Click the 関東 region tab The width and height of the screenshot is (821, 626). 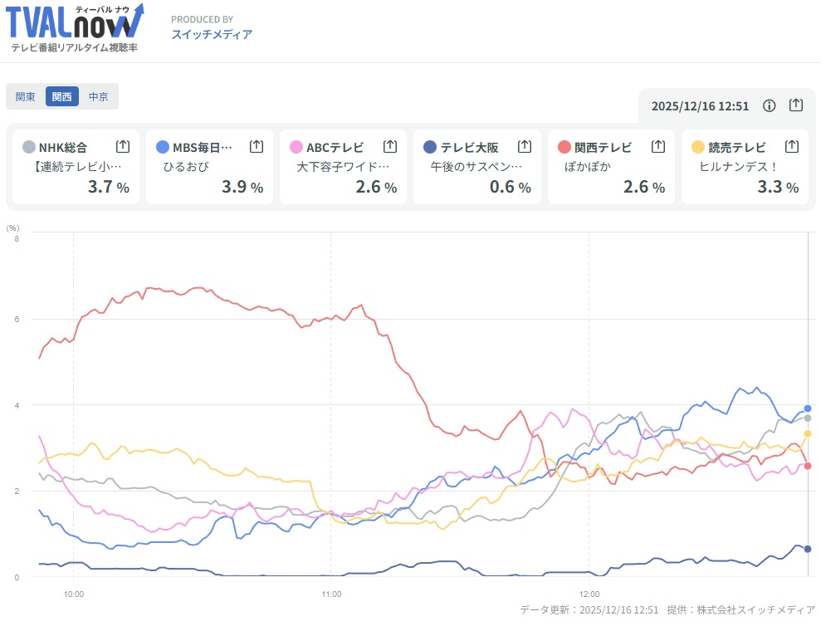(x=26, y=96)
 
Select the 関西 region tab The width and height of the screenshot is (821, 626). (x=62, y=96)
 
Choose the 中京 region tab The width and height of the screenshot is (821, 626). (x=99, y=96)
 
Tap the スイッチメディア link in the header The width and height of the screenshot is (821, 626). (x=212, y=34)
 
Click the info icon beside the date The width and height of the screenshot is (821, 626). (x=770, y=105)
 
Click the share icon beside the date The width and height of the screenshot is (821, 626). (x=795, y=105)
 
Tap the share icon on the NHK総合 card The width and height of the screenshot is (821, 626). (x=123, y=147)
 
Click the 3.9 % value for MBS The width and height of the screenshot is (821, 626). (x=242, y=187)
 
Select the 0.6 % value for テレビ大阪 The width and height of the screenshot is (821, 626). (x=510, y=187)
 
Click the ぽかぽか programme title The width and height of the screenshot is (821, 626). (x=581, y=167)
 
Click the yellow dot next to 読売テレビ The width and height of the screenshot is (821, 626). (x=698, y=147)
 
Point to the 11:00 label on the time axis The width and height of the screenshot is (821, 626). (x=331, y=594)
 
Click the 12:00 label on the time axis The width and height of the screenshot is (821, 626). (x=589, y=594)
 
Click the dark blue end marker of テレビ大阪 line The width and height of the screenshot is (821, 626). (x=808, y=549)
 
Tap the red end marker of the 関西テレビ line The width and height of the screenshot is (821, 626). (x=808, y=466)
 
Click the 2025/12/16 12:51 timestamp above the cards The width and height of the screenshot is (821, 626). (x=700, y=106)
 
